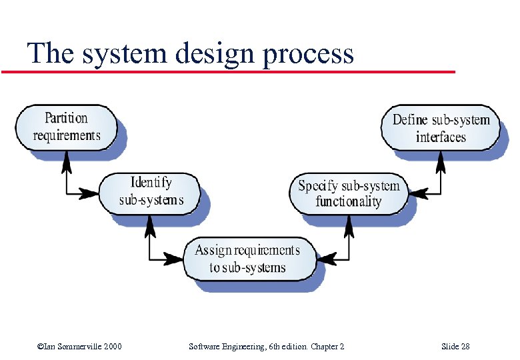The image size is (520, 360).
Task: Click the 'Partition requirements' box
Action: [x=66, y=127]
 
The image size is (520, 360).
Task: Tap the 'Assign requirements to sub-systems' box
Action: [x=247, y=259]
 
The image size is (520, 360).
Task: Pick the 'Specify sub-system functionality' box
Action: [x=348, y=193]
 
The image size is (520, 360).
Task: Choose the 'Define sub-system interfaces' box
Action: [x=441, y=128]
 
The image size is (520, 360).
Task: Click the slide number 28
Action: [x=465, y=347]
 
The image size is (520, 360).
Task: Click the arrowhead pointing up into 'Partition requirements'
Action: [x=66, y=158]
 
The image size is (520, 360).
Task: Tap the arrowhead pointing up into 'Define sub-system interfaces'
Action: [x=441, y=159]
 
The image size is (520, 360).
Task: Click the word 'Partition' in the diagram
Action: [x=66, y=119]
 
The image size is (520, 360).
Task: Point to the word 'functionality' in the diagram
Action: [x=348, y=201]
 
